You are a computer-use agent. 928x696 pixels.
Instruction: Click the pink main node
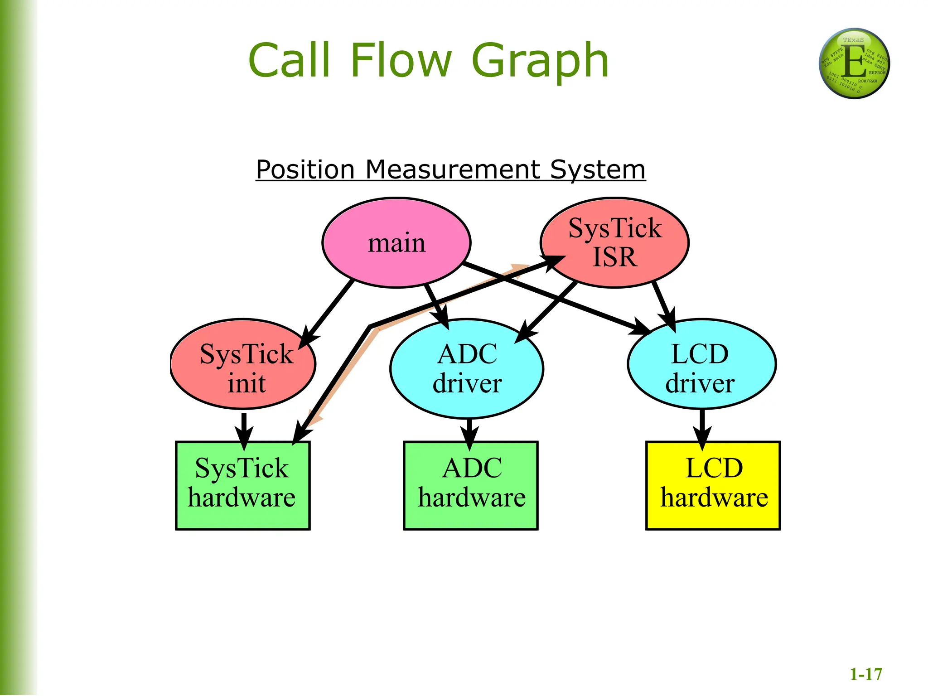(x=396, y=243)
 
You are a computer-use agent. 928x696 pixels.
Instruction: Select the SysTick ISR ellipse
(x=615, y=243)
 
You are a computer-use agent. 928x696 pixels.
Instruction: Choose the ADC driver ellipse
(x=467, y=368)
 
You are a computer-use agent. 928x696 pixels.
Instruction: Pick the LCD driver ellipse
(x=701, y=364)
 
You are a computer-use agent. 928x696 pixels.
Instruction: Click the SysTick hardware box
(x=243, y=485)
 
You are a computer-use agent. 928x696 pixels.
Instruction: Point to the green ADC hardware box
(x=471, y=485)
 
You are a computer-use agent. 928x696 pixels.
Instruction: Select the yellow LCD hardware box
(x=713, y=485)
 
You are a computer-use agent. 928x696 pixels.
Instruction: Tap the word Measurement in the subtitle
(x=453, y=170)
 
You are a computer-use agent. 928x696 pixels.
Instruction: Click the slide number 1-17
(x=865, y=674)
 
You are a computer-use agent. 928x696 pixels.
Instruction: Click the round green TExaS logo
(x=854, y=63)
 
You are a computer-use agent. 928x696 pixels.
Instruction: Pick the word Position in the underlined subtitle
(x=305, y=170)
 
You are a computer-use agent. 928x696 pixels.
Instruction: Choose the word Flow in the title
(x=401, y=60)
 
